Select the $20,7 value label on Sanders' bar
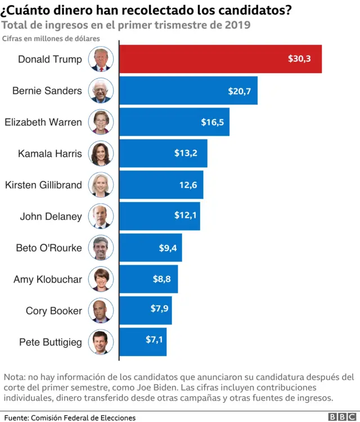coord(239,91)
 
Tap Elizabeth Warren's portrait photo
coord(101,122)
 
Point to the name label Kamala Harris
coord(49,154)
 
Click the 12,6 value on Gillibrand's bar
coord(188,185)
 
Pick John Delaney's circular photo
coord(101,217)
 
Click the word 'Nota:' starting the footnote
coord(15,377)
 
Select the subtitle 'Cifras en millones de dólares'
coord(51,38)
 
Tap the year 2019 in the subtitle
coord(236,26)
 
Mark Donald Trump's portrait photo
coord(101,59)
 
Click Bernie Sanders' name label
coord(47,91)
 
